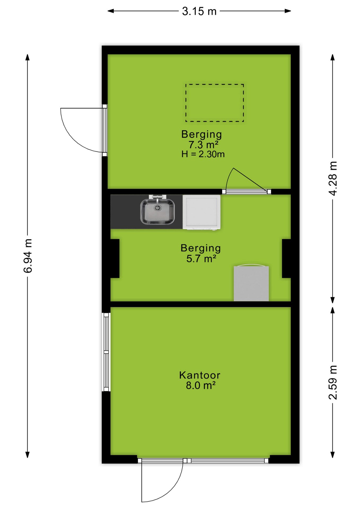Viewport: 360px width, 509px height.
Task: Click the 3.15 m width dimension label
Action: (x=199, y=11)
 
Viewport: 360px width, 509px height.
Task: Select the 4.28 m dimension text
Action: (x=333, y=178)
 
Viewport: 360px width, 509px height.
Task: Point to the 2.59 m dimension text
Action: (x=333, y=382)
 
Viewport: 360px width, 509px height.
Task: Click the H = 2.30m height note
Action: (x=203, y=154)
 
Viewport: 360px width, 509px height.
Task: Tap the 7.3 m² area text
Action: (x=203, y=145)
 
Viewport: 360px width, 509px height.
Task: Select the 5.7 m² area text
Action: (x=201, y=258)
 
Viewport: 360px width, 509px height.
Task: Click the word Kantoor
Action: (x=200, y=375)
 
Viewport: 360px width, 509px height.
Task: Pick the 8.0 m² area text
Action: (x=201, y=385)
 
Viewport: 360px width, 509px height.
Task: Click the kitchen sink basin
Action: (x=157, y=212)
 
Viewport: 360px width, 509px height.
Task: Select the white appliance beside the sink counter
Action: (x=202, y=212)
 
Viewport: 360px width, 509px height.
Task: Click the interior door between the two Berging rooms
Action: (x=247, y=191)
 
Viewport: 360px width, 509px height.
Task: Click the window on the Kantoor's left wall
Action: (x=106, y=352)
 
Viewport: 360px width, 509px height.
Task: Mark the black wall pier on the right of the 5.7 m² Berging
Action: (x=286, y=258)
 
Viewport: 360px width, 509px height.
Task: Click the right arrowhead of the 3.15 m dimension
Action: (x=288, y=11)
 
